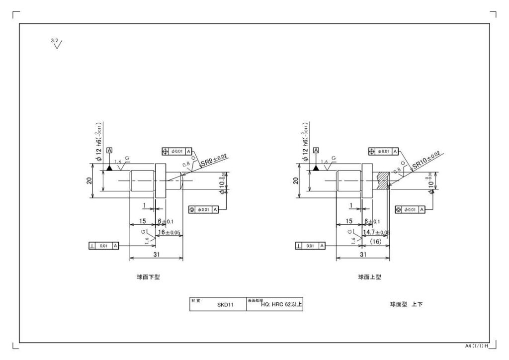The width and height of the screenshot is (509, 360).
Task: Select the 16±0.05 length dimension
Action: (x=169, y=232)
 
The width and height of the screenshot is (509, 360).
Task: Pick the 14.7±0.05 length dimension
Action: (x=376, y=232)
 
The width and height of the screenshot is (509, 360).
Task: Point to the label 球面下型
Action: (x=148, y=277)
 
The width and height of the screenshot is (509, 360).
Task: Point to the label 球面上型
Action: (x=370, y=277)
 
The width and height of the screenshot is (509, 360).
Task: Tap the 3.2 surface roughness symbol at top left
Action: (x=57, y=44)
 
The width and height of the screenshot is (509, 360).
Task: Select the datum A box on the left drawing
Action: (x=109, y=150)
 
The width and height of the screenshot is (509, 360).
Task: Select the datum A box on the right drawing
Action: (x=317, y=150)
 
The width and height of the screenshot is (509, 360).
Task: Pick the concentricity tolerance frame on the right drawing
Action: (x=410, y=210)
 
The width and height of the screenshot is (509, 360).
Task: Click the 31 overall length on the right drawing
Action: (x=363, y=254)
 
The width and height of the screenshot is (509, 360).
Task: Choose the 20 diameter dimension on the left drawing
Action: (x=88, y=181)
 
